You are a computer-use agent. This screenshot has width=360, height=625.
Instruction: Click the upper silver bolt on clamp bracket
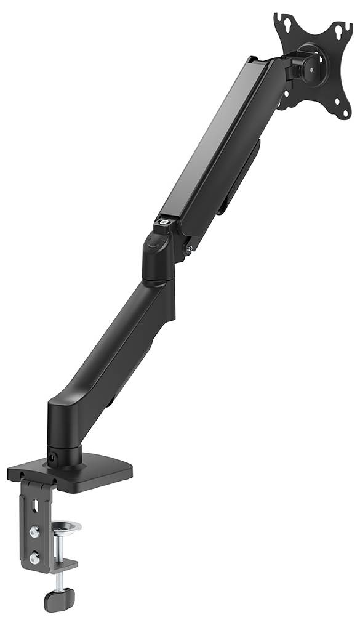click(x=34, y=530)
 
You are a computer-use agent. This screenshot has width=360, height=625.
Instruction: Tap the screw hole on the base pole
click(x=53, y=458)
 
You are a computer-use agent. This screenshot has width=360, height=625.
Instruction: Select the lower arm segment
click(x=117, y=351)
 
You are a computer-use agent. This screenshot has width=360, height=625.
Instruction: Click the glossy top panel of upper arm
click(x=212, y=135)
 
